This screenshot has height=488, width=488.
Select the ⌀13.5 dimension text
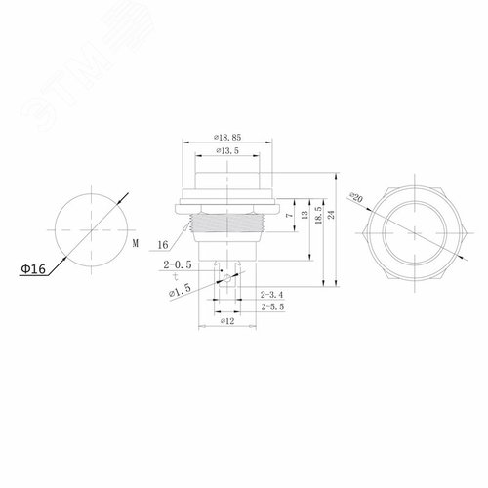coord(226,153)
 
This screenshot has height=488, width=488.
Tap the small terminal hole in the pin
coord(227,280)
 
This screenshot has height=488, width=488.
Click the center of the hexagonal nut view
coord(410,231)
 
